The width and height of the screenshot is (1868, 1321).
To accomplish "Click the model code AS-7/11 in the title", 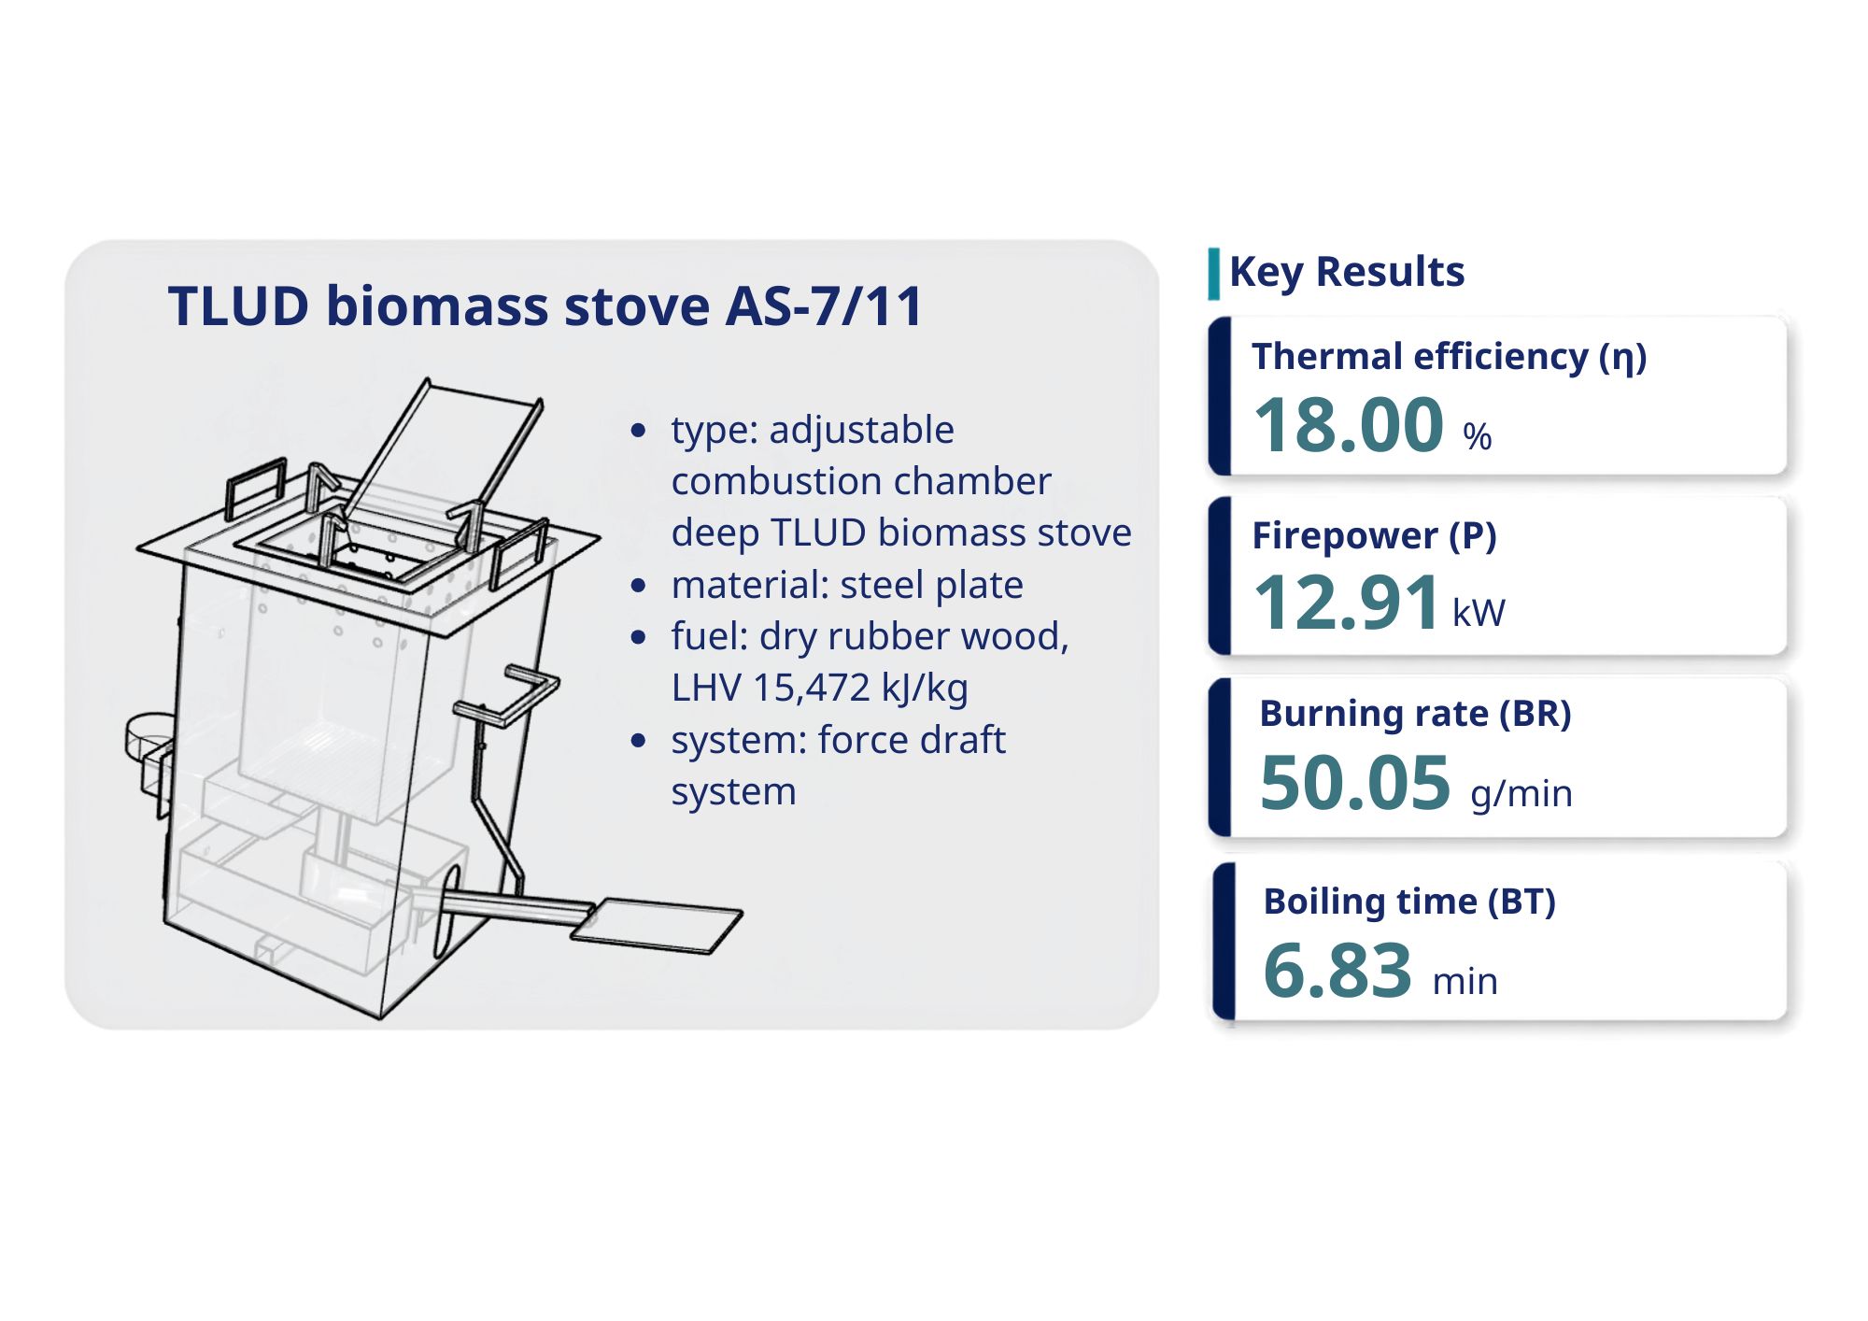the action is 825,305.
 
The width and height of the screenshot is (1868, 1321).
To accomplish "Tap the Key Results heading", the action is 1347,272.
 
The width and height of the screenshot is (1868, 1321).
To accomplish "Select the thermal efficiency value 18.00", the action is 1349,425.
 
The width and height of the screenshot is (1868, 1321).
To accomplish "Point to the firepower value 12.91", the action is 1346,603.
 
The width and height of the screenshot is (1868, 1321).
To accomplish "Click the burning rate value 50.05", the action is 1354,783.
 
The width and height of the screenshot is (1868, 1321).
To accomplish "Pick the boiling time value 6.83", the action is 1337,970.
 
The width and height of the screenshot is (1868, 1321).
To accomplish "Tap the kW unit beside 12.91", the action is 1479,613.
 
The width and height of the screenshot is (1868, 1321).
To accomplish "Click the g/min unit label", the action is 1521,794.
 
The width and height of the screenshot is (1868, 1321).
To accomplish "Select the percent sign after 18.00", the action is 1477,436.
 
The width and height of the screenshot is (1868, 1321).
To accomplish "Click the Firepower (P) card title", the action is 1374,536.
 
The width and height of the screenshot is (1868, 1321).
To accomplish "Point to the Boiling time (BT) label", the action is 1409,902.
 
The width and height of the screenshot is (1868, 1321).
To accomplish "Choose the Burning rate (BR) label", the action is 1415,714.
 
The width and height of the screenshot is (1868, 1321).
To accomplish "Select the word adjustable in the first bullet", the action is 861,431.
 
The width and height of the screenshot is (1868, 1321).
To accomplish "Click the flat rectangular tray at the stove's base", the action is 657,925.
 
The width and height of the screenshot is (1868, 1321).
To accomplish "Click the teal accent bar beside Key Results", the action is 1213,274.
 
